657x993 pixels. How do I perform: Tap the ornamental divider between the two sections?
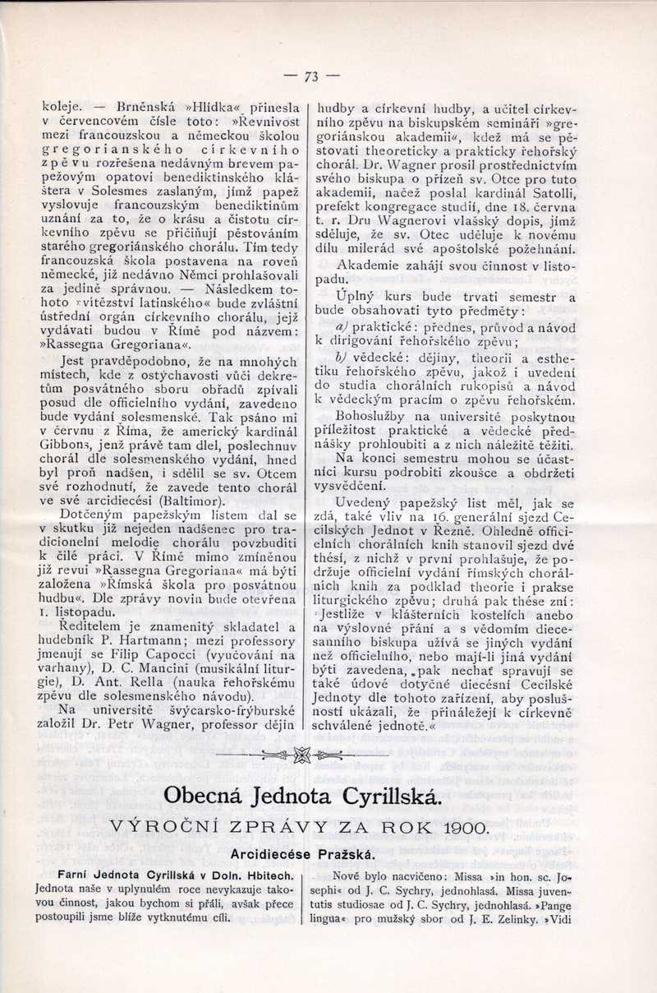(301, 756)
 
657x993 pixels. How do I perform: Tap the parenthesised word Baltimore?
(195, 498)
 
